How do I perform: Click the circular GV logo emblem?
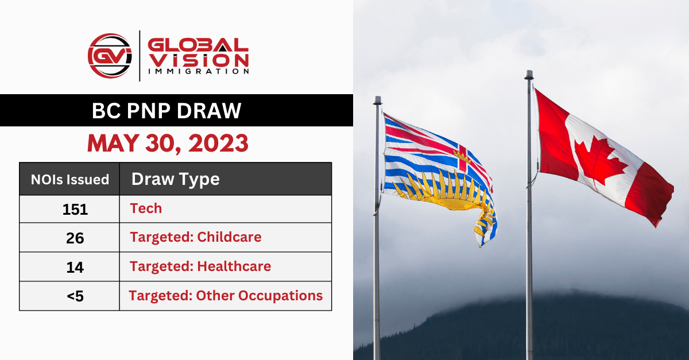pyautogui.click(x=110, y=55)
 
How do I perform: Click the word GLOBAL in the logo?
pyautogui.click(x=198, y=45)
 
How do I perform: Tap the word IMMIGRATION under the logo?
pyautogui.click(x=198, y=72)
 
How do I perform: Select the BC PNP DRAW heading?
pyautogui.click(x=167, y=111)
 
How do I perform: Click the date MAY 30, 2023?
pyautogui.click(x=168, y=143)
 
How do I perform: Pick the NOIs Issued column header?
pyautogui.click(x=70, y=179)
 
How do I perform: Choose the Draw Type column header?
pyautogui.click(x=176, y=179)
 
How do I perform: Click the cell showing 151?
pyautogui.click(x=75, y=209)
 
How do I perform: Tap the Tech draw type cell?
pyautogui.click(x=146, y=208)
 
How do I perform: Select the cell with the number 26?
pyautogui.click(x=75, y=238)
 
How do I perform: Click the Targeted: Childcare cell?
pyautogui.click(x=195, y=237)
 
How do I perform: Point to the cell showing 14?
pyautogui.click(x=75, y=267)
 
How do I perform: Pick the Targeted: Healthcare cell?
pyautogui.click(x=200, y=266)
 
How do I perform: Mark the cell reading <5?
pyautogui.click(x=75, y=296)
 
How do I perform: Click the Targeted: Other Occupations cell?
pyautogui.click(x=226, y=296)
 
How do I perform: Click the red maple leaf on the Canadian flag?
pyautogui.click(x=600, y=161)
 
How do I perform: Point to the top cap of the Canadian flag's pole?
pyautogui.click(x=529, y=75)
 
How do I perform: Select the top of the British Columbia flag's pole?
pyautogui.click(x=377, y=100)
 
